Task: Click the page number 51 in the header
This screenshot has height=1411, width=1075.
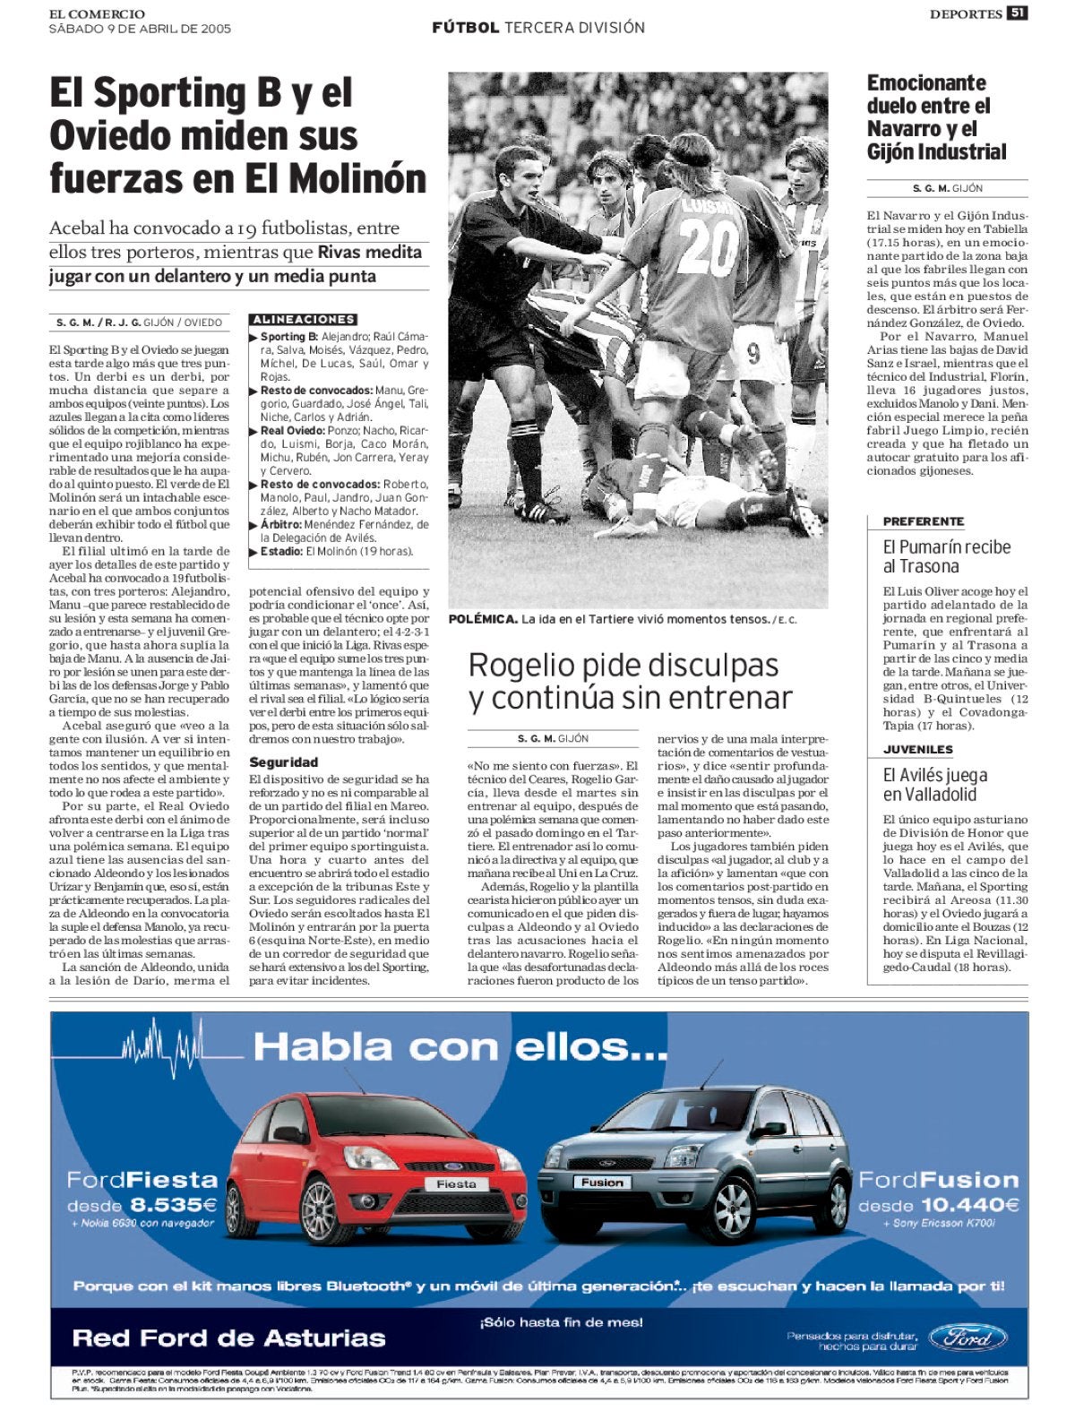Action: coord(1017,13)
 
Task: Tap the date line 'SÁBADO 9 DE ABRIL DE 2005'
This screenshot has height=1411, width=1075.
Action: coord(140,29)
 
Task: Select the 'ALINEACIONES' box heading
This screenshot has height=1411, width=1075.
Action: coord(303,319)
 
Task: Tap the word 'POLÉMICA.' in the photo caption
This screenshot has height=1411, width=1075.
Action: coord(483,619)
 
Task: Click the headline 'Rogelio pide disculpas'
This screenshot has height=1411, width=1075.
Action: coord(623,666)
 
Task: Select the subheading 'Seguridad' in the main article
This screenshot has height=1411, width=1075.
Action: coord(283,761)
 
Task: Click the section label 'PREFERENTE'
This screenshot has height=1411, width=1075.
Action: coord(923,521)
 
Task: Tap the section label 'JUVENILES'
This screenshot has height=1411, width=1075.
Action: coord(917,749)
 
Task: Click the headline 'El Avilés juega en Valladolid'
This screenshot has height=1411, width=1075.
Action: coord(934,784)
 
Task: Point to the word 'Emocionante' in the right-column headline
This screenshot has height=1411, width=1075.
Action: coord(926,83)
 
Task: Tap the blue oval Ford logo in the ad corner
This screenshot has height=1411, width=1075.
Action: coord(967,1338)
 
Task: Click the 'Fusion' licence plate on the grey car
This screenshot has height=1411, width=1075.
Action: coord(601,1183)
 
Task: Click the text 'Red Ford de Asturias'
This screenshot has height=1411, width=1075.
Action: coord(228,1338)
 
